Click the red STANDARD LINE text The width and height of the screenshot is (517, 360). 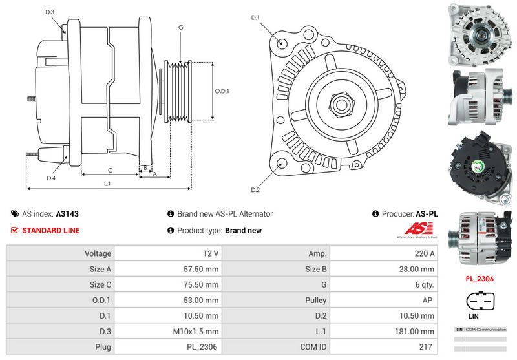tap(51, 231)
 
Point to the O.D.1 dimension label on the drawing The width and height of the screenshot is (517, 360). tap(222, 91)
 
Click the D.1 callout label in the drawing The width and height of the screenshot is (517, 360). tap(255, 17)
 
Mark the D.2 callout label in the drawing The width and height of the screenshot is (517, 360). tap(255, 189)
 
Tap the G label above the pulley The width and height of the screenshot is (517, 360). tap(181, 27)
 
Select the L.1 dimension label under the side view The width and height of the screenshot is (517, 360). tap(108, 184)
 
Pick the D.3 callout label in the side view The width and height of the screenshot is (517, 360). tap(50, 12)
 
